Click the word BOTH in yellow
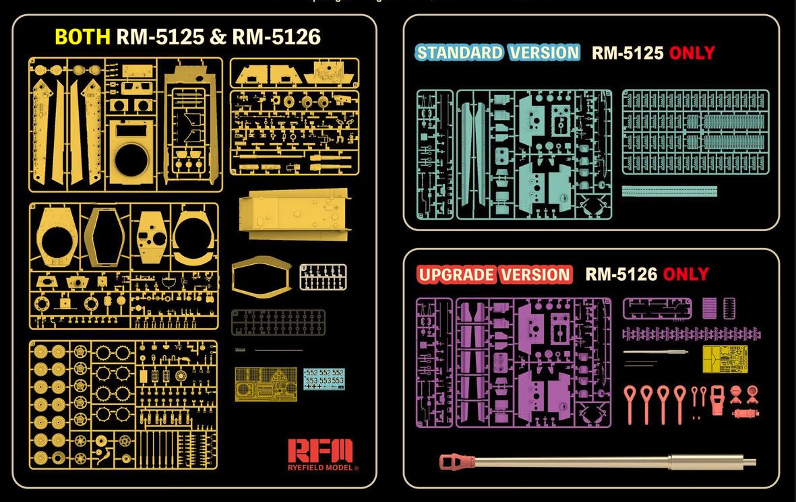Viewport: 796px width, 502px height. tap(82, 36)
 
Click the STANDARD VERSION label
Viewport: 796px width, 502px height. tap(497, 53)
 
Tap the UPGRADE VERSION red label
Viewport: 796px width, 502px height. tap(494, 274)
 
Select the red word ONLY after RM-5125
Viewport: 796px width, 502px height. tap(692, 53)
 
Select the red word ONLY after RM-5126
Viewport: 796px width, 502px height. tap(685, 274)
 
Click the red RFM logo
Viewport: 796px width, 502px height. tap(320, 451)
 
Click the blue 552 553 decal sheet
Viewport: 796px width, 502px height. tap(324, 377)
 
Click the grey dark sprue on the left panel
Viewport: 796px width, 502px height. tap(278, 322)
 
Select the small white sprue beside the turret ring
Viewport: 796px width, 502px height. tap(323, 276)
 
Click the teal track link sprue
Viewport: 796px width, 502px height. tap(694, 132)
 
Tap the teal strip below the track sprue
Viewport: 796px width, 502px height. tap(669, 191)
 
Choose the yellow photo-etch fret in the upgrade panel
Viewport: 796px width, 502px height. tap(725, 358)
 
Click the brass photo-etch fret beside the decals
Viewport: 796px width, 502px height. tap(266, 384)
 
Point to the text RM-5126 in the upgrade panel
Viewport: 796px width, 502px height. tap(621, 274)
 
